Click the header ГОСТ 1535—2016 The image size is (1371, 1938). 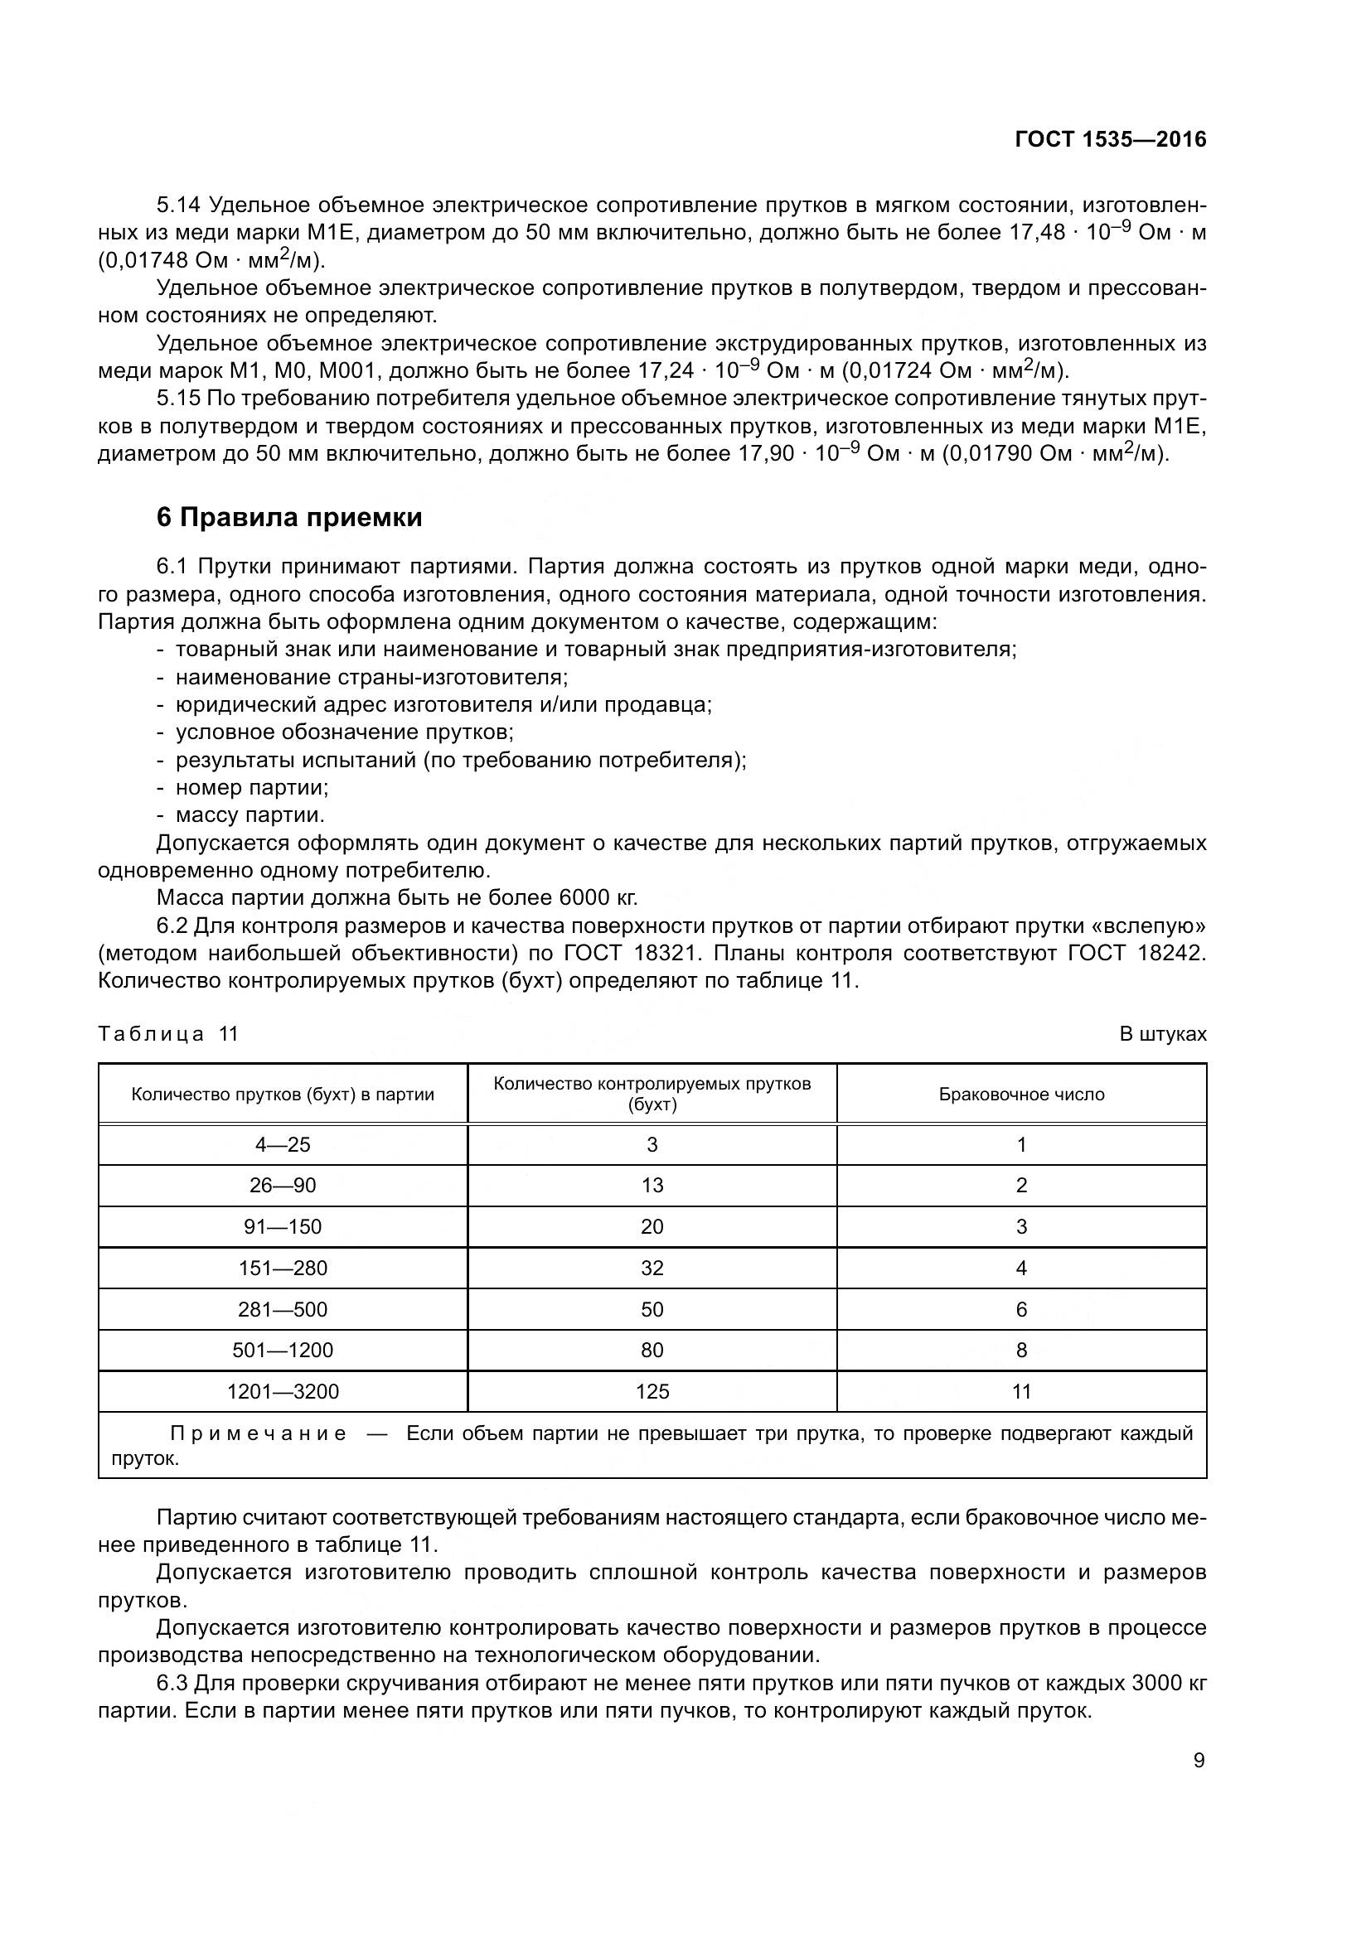[x=1110, y=140]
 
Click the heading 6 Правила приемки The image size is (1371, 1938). [x=289, y=517]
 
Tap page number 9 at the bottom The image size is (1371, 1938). [x=1199, y=1761]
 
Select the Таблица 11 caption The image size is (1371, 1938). [x=169, y=1034]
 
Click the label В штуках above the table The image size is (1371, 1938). [x=1162, y=1034]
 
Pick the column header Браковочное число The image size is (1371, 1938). [x=1021, y=1095]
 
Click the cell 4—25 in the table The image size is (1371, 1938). [x=283, y=1144]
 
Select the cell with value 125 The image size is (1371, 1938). [x=652, y=1392]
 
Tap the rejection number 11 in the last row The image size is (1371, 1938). [x=1021, y=1392]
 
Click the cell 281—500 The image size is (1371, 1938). [x=283, y=1309]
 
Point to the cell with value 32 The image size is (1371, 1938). [x=652, y=1268]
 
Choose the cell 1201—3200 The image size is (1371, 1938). [x=283, y=1392]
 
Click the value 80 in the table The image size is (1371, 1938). [x=652, y=1351]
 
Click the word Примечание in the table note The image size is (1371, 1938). [x=259, y=1434]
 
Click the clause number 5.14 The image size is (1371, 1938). [x=179, y=205]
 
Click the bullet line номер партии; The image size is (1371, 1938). [x=252, y=787]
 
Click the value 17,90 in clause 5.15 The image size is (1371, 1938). [x=767, y=454]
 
